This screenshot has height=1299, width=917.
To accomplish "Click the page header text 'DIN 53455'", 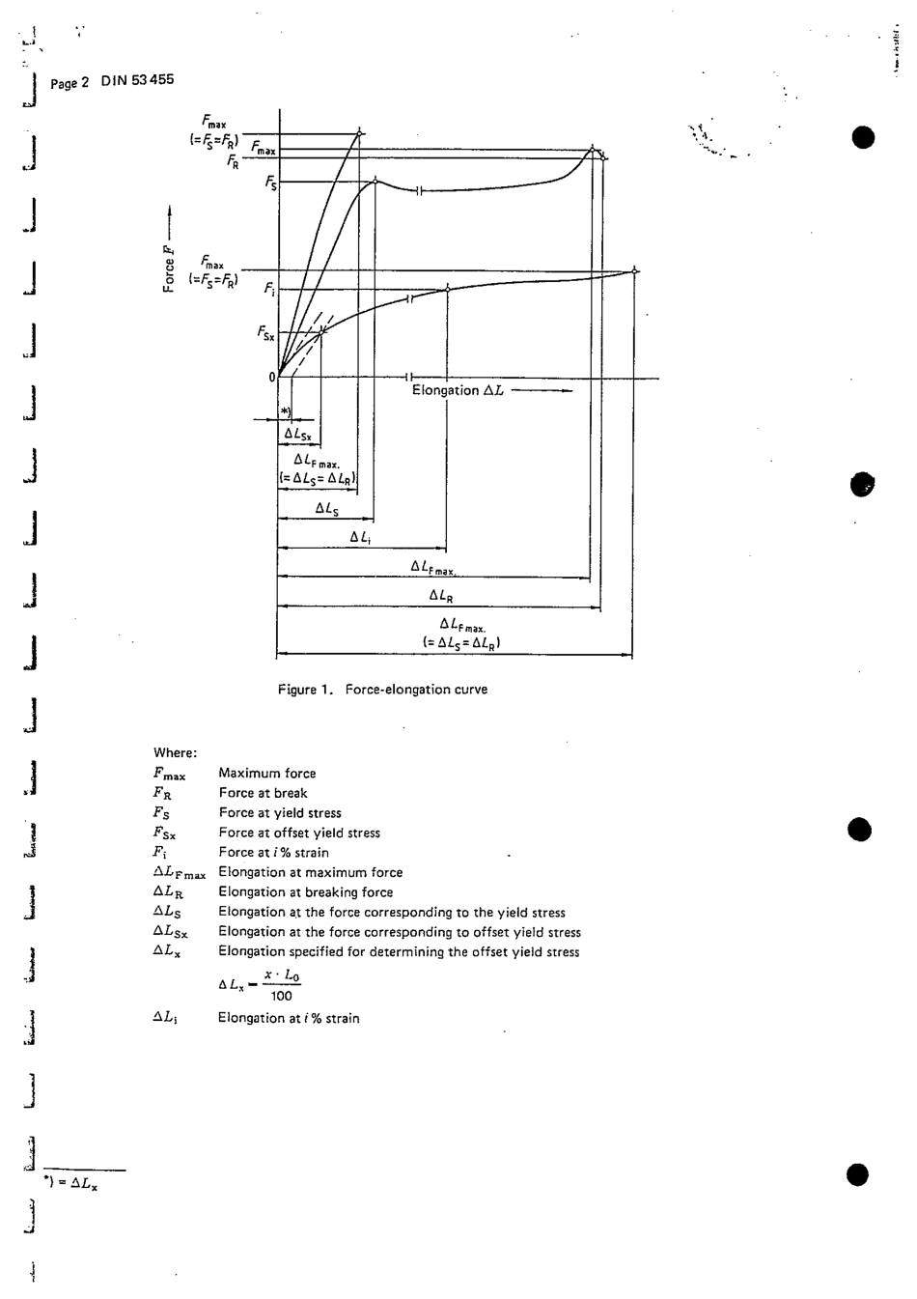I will pyautogui.click(x=138, y=80).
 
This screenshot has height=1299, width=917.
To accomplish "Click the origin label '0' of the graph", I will pyautogui.click(x=272, y=377).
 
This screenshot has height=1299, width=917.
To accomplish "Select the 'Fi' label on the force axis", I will pyautogui.click(x=269, y=289).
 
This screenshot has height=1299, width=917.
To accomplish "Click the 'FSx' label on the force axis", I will pyautogui.click(x=265, y=333).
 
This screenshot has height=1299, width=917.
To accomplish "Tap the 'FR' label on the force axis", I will pyautogui.click(x=233, y=162).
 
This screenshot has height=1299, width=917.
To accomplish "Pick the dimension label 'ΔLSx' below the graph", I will pyautogui.click(x=297, y=435).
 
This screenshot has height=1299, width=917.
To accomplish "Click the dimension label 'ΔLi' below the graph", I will pyautogui.click(x=360, y=537).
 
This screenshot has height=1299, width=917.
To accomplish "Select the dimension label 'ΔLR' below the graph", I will pyautogui.click(x=440, y=596).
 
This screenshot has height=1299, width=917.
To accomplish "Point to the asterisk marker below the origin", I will pyautogui.click(x=285, y=411).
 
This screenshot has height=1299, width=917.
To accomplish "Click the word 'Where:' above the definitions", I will pyautogui.click(x=175, y=753).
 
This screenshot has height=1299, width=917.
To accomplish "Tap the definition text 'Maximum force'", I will pyautogui.click(x=267, y=774).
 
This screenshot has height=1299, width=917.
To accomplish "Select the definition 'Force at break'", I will pyautogui.click(x=263, y=793).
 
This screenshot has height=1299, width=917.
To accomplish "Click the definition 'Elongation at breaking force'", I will pyautogui.click(x=305, y=892).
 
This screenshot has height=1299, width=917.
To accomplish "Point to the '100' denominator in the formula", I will pyautogui.click(x=281, y=996).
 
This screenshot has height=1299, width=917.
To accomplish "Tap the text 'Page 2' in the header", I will pyautogui.click(x=69, y=83).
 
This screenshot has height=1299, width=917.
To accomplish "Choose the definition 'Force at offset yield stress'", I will pyautogui.click(x=299, y=833).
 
